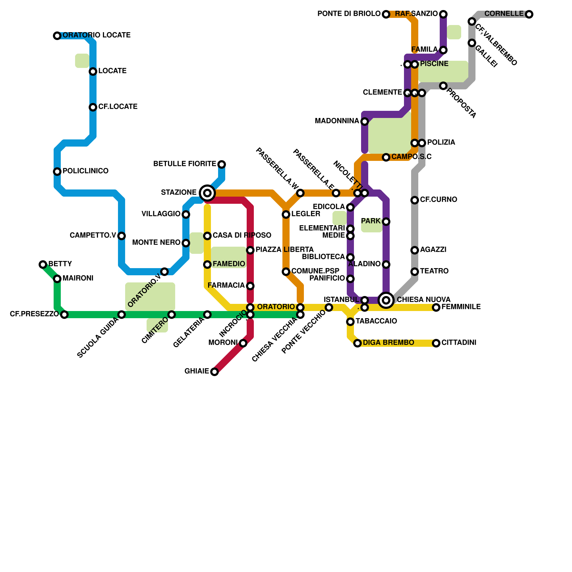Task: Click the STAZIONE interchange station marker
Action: point(207,193)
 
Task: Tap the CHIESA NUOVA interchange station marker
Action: point(386,300)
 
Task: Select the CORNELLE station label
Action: point(504,14)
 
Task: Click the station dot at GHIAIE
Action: point(214,372)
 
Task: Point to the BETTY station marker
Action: point(43,265)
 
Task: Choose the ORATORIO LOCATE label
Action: point(97,35)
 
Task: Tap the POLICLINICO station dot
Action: point(57,172)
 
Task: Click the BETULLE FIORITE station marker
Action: point(222,164)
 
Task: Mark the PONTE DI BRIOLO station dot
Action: point(386,14)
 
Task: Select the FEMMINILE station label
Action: point(461,307)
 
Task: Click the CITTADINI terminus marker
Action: point(436,343)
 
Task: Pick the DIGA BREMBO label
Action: point(388,343)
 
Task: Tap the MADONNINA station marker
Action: point(365,122)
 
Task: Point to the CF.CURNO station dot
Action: point(415,200)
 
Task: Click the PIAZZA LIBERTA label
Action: point(284,250)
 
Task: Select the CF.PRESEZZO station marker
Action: point(64,315)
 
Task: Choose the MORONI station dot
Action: point(243,343)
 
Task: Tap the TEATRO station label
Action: point(434,271)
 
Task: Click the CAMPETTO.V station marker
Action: point(122,236)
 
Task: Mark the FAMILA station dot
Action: point(443,50)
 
